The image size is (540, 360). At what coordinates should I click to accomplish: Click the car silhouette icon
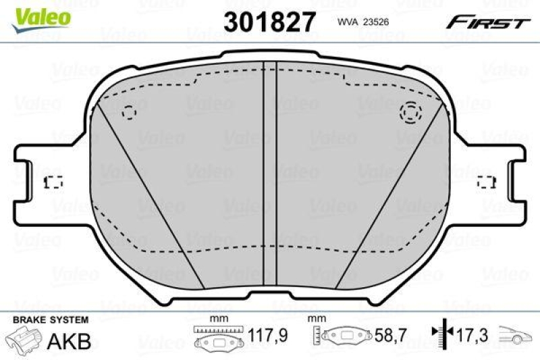point(517,334)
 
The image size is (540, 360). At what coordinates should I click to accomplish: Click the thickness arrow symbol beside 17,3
point(441,332)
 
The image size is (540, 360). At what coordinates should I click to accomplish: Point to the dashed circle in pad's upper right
point(410,113)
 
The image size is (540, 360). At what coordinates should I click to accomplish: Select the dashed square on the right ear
point(486,182)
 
